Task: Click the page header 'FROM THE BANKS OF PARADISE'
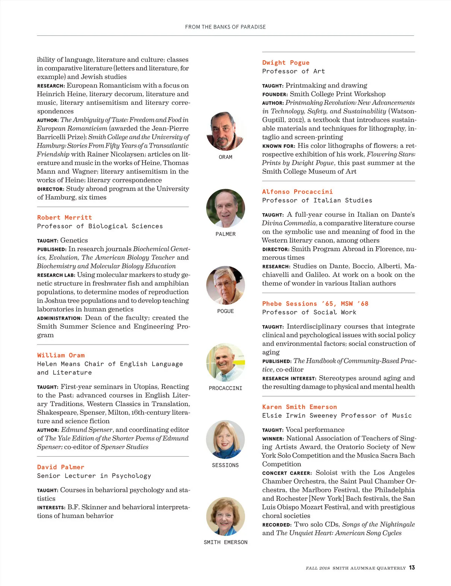point(225,27)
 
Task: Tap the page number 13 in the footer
point(412,568)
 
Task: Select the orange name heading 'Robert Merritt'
point(64,217)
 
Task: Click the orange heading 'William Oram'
point(61,355)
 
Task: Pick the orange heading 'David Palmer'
point(61,467)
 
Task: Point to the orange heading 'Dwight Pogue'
point(286,62)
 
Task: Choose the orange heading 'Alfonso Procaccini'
point(297,191)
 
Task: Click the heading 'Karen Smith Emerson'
point(299,407)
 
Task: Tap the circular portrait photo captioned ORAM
point(225,131)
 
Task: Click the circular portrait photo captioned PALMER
point(225,208)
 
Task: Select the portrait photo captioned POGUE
point(225,285)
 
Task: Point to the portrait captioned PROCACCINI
point(225,362)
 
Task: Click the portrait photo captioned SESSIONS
point(225,439)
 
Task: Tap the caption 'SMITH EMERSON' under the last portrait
point(225,542)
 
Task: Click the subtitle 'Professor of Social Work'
point(309,312)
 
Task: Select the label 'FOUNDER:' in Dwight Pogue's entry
point(275,94)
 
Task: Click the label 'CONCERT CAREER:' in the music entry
point(287,473)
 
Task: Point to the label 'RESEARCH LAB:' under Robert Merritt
point(56,275)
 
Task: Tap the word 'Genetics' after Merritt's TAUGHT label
point(74,240)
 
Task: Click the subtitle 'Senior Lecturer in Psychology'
point(94,476)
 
